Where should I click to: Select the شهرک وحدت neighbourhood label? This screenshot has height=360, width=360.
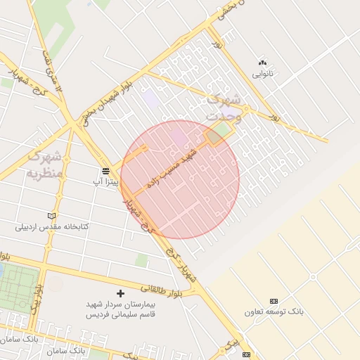tap(224, 108)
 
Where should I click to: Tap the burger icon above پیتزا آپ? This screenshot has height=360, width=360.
tap(105, 171)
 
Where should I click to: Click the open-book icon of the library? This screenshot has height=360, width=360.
tap(51, 216)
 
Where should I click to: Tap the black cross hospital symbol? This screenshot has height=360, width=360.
tap(120, 292)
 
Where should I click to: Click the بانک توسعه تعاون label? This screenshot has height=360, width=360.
tap(274, 311)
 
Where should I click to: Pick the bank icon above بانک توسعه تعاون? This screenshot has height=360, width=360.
tap(274, 300)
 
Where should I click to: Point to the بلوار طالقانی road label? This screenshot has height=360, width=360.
tap(162, 289)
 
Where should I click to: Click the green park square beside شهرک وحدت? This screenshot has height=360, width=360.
tap(222, 131)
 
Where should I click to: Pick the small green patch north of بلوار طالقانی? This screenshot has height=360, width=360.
tap(141, 261)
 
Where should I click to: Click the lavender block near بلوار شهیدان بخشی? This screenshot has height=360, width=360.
tap(152, 98)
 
